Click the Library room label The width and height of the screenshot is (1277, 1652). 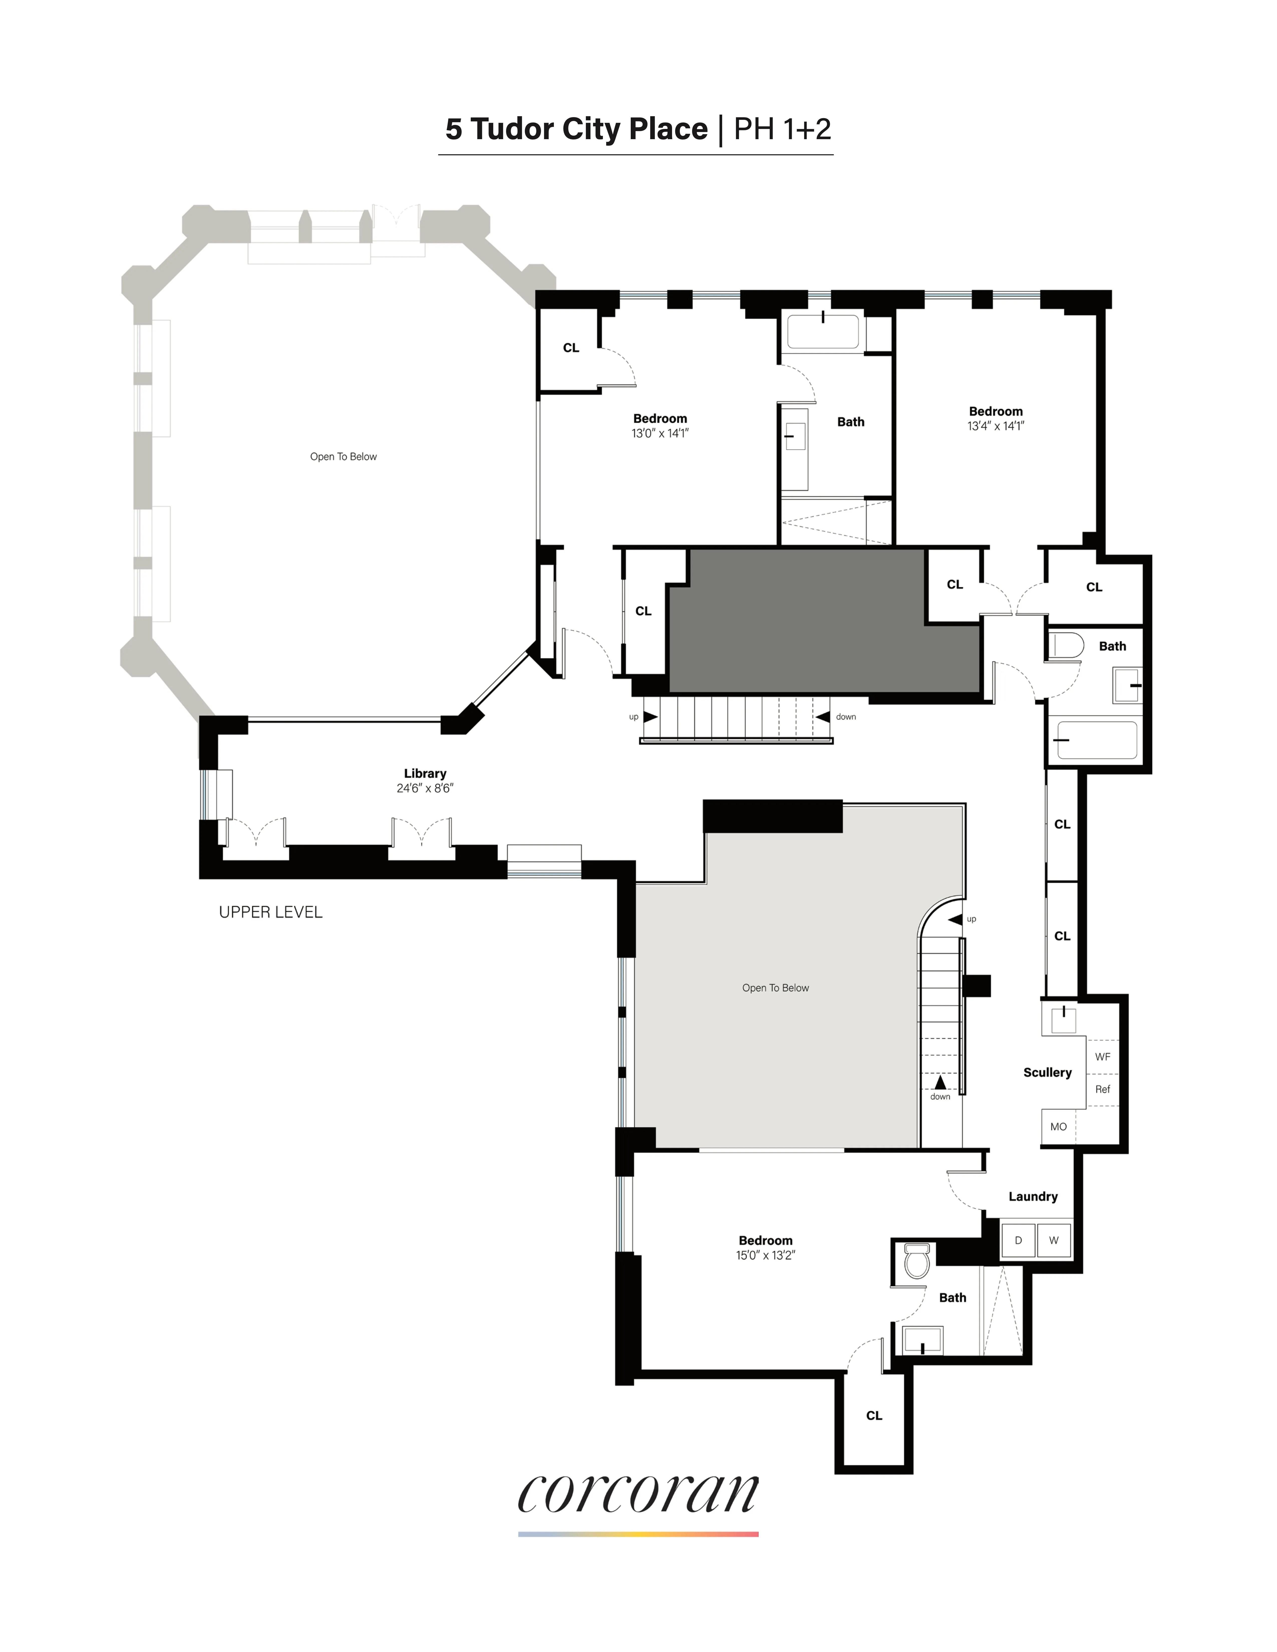pos(424,773)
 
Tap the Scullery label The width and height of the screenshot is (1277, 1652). pos(1047,1073)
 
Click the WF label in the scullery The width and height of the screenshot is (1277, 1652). pos(1102,1057)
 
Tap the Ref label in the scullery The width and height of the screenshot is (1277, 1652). pos(1102,1089)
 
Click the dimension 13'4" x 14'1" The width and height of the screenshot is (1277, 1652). pos(996,426)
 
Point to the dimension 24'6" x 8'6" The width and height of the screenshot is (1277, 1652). pos(424,788)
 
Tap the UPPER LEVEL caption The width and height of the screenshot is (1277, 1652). pos(270,912)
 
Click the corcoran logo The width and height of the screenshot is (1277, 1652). pos(638,1494)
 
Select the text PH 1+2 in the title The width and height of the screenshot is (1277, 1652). pos(782,129)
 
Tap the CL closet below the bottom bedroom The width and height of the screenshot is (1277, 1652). pos(874,1415)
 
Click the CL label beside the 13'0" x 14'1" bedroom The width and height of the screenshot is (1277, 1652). pos(570,348)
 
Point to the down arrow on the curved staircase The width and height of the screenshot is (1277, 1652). pos(939,1082)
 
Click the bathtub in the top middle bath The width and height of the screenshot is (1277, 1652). pos(823,331)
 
